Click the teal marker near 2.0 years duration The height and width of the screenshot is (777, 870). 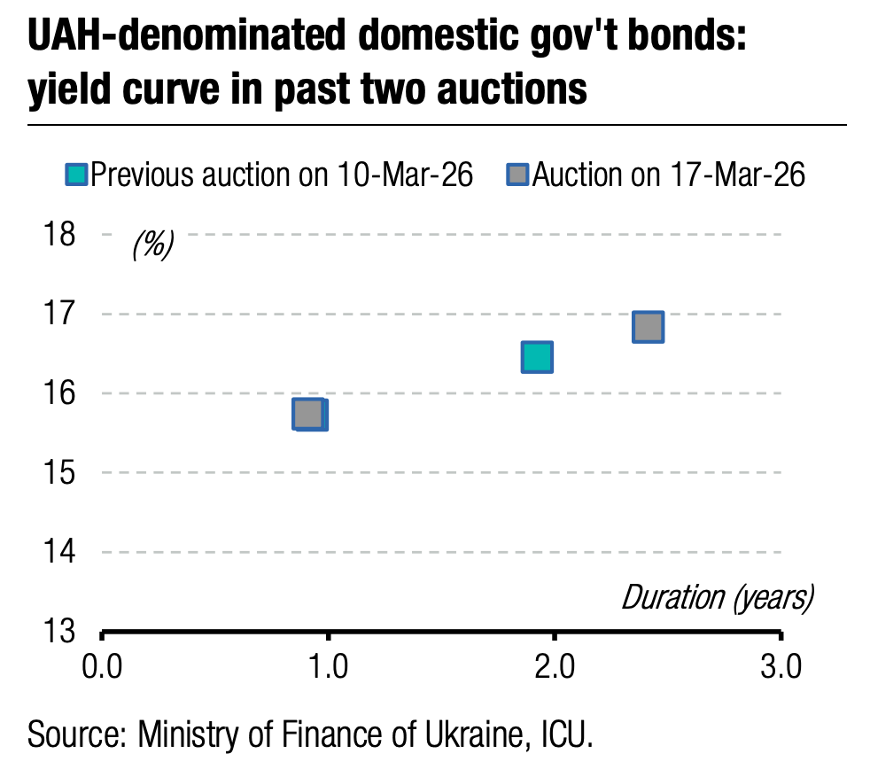coord(537,357)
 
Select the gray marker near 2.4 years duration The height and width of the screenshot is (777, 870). coord(648,327)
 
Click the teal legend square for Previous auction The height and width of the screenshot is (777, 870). coord(77,175)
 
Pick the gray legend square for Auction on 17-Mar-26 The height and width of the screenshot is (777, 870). coord(517,175)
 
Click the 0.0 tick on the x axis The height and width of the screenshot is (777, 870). coord(103,664)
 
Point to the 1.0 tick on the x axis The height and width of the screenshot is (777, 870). coord(329,664)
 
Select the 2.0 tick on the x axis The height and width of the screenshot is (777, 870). coord(555,664)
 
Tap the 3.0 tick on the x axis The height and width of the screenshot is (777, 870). coord(781,664)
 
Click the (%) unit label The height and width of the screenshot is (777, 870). coord(153,245)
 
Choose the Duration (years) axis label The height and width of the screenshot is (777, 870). coord(717,597)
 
